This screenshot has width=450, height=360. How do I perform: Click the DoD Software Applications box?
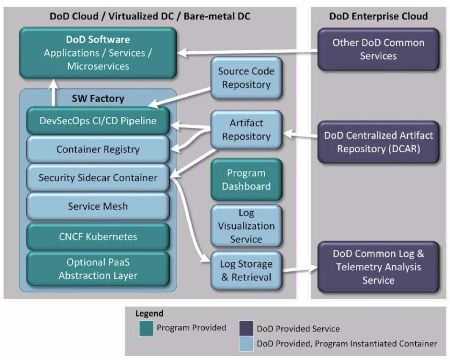(x=98, y=53)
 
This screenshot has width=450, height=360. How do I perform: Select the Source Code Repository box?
(x=246, y=78)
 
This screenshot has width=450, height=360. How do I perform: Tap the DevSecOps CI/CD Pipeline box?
(x=98, y=121)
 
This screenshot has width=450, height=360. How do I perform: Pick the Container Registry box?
(x=98, y=149)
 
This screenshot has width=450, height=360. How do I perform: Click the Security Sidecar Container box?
(x=98, y=178)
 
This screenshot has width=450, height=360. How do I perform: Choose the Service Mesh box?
(x=98, y=206)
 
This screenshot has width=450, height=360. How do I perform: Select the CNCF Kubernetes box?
(x=98, y=237)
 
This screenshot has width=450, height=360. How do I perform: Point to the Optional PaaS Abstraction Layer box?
(x=98, y=269)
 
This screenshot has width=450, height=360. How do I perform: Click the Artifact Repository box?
(x=246, y=130)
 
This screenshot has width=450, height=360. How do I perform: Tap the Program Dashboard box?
(x=246, y=180)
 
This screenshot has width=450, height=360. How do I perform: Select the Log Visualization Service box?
(x=246, y=226)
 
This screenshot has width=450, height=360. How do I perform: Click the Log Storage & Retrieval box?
(x=246, y=270)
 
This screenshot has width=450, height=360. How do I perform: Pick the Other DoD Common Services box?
(x=378, y=49)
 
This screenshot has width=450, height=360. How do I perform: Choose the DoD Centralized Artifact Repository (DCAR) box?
(x=378, y=142)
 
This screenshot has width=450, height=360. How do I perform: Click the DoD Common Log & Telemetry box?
(x=378, y=267)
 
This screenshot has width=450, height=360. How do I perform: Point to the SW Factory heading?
(x=98, y=98)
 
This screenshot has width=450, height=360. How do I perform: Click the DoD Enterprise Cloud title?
(x=378, y=16)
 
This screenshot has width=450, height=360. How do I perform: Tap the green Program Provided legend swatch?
(x=146, y=328)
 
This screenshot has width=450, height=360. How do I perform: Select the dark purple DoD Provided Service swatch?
(x=246, y=328)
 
